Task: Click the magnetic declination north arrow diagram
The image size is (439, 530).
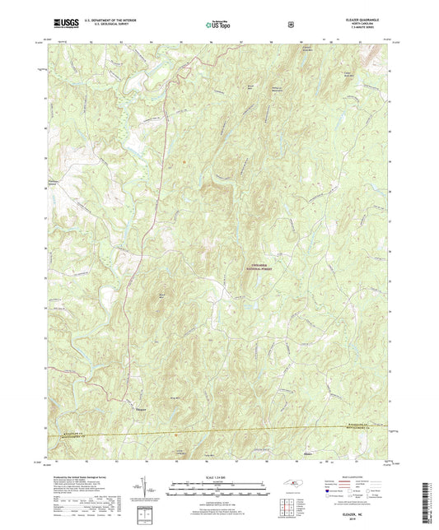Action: [151, 490]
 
